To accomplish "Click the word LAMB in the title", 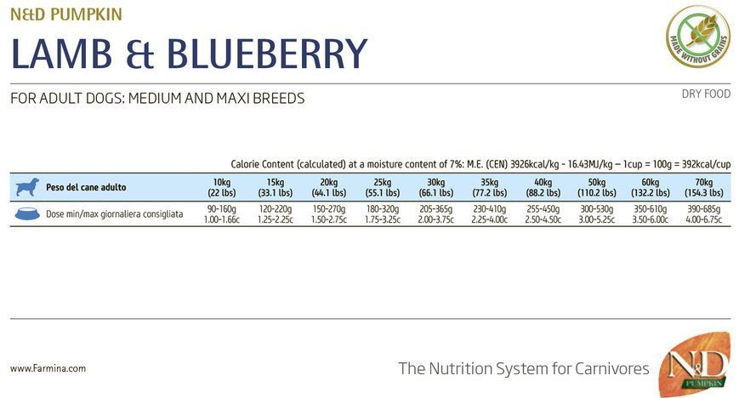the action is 61,54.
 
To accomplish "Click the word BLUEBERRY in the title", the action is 267,54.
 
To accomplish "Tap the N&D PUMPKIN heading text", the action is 66,14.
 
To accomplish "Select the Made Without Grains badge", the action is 698,37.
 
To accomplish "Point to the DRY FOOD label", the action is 706,94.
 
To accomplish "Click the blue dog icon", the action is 27,187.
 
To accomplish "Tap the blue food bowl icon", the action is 27,213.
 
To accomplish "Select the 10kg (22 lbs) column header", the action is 221,188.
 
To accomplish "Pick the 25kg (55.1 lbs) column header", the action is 382,188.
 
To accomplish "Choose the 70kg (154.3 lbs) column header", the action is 703,188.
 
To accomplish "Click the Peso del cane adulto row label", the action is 86,187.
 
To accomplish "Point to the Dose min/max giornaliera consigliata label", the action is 115,214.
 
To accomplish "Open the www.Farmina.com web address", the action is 48,368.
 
